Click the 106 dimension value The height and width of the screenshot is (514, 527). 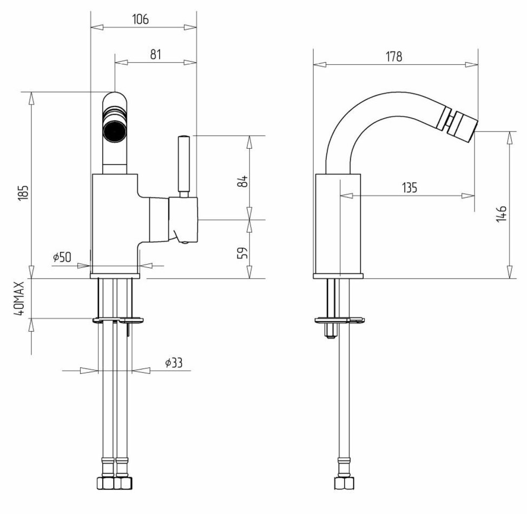click(x=140, y=19)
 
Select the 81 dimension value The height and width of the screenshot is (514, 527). click(x=155, y=54)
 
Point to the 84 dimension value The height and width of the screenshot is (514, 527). click(x=243, y=181)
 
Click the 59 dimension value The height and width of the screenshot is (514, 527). click(x=243, y=252)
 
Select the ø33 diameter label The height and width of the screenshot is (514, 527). click(x=173, y=363)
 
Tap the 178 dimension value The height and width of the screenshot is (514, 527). click(x=394, y=56)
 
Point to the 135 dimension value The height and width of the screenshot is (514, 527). click(x=410, y=188)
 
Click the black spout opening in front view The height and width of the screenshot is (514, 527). click(x=115, y=131)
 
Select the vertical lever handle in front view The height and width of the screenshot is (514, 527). click(x=183, y=166)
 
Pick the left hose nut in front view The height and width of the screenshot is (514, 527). click(x=104, y=483)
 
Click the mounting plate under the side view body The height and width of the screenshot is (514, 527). click(x=339, y=320)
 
